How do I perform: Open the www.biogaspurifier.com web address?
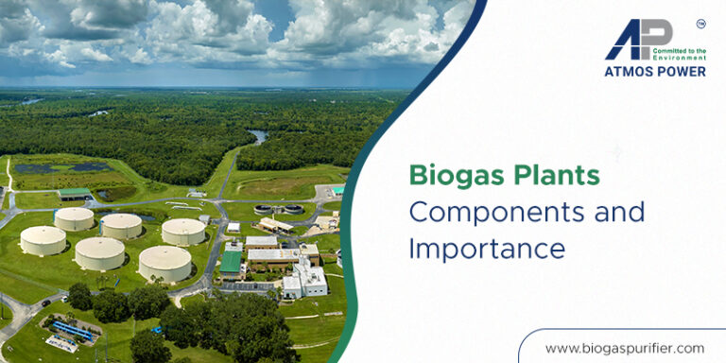click(x=625, y=348)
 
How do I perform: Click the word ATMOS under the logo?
click(x=630, y=71)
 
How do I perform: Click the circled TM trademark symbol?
click(x=700, y=23)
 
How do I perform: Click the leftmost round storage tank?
click(x=43, y=241)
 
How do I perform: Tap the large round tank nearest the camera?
click(x=164, y=263)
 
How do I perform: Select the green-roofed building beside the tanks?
click(x=231, y=263)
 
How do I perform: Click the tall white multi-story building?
click(x=305, y=281)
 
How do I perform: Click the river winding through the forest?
click(x=257, y=136)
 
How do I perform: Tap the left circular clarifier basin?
click(x=264, y=210)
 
